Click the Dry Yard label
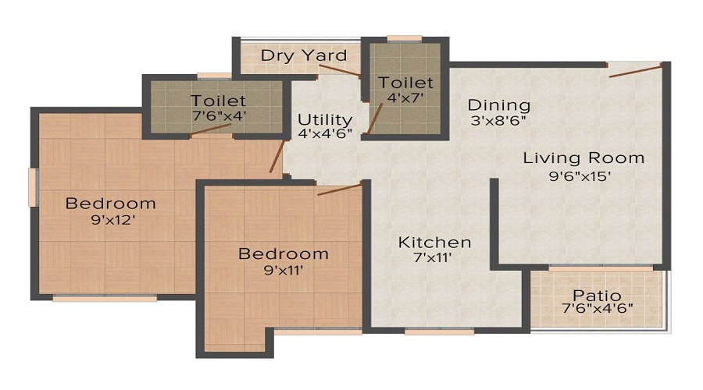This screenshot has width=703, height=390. [x=304, y=55]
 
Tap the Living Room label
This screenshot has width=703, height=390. [x=583, y=158]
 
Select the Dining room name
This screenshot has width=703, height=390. [x=499, y=105]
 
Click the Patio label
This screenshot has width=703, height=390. [x=597, y=296]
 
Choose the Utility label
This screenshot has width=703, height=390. [x=325, y=119]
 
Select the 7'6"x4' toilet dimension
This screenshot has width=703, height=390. [x=218, y=115]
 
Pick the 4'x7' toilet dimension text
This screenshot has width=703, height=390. [x=405, y=97]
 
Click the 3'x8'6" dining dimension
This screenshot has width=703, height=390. [x=499, y=121]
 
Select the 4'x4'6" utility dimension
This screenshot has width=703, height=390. [x=325, y=133]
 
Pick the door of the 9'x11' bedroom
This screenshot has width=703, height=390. [x=340, y=189]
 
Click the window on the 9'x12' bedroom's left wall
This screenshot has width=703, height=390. [x=33, y=187]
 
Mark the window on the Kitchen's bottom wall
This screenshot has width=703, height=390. [x=439, y=331]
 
